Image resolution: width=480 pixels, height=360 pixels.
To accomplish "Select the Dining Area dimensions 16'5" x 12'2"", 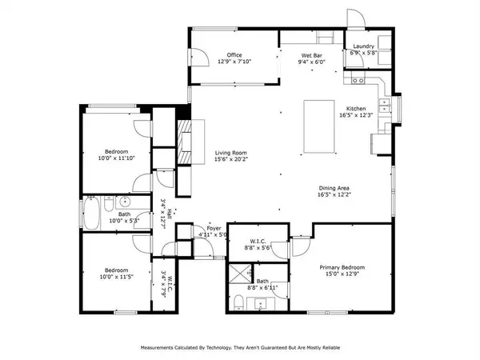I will coord(337,194).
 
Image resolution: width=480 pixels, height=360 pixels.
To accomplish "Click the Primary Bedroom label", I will coord(344,267).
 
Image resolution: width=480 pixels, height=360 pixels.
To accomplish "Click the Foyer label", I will coord(214,228).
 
